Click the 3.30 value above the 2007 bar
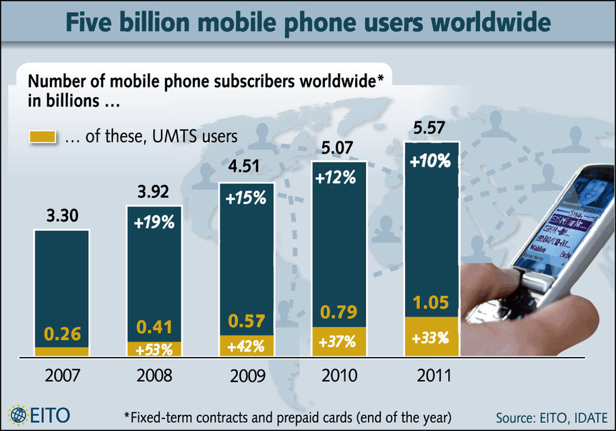(x=61, y=216)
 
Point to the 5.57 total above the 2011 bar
(x=432, y=127)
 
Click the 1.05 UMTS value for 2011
(x=431, y=304)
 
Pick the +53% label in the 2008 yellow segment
(x=154, y=349)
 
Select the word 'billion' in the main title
(x=164, y=24)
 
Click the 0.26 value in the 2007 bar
(x=61, y=333)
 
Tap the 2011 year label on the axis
(x=431, y=374)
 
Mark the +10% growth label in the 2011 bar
(x=431, y=161)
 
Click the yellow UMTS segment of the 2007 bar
(x=61, y=351)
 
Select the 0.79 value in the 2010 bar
(x=338, y=312)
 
